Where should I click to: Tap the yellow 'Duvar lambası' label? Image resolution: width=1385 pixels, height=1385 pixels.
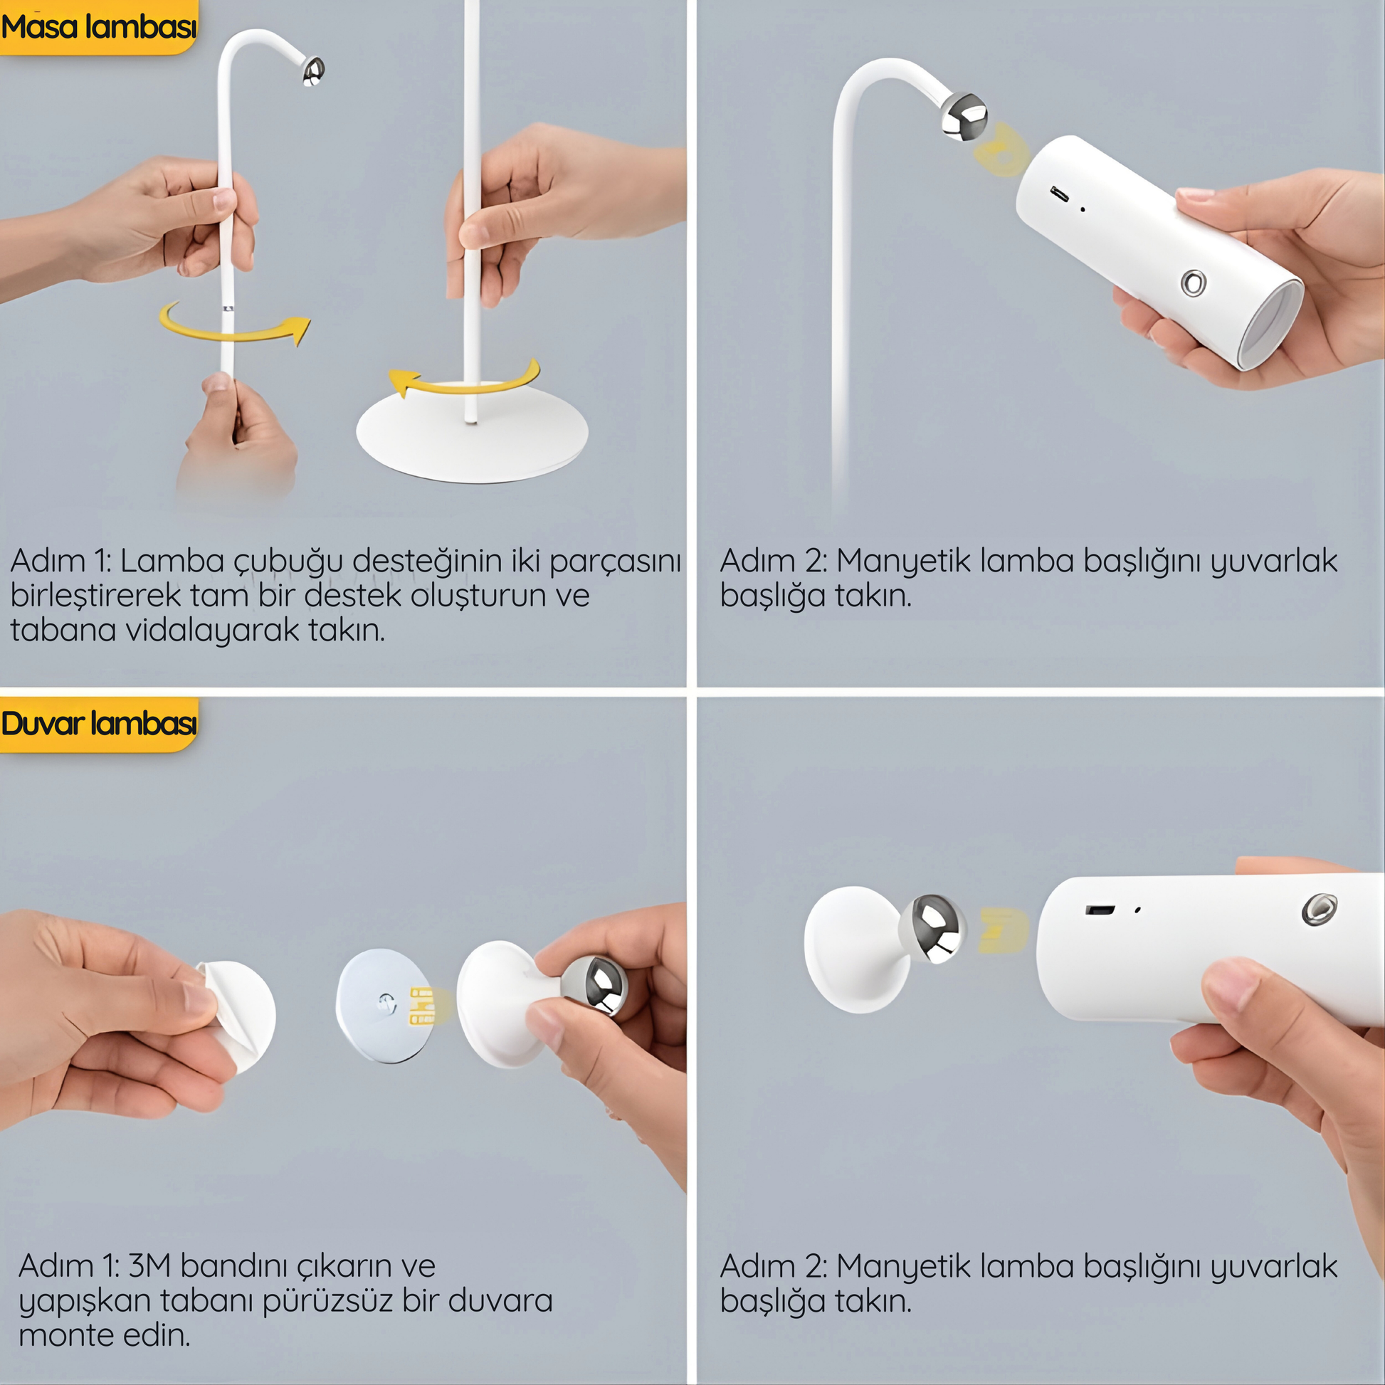click(98, 724)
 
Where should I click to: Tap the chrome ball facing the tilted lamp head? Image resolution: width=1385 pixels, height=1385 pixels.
click(965, 115)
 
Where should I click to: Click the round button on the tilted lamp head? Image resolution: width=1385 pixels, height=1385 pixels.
click(1194, 283)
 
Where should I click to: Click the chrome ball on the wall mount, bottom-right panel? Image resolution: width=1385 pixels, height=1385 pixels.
click(932, 928)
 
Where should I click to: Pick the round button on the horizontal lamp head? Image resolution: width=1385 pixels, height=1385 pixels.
click(1319, 909)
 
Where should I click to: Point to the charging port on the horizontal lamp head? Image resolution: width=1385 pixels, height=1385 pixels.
click(1100, 910)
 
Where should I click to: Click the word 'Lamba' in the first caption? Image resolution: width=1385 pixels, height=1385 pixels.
click(172, 561)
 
